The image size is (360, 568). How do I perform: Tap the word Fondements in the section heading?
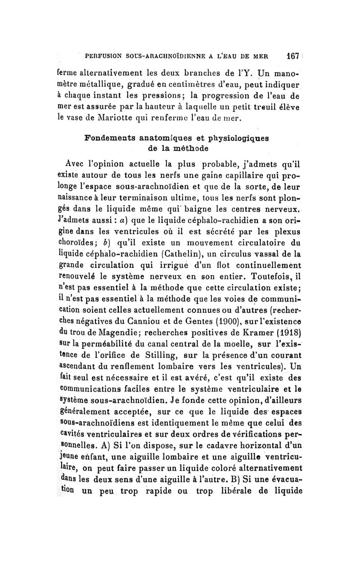coord(113,140)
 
